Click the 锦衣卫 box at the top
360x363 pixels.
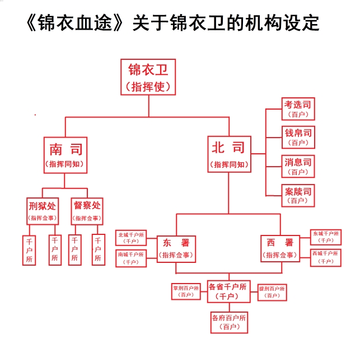point(148,77)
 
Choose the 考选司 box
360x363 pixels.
point(297,109)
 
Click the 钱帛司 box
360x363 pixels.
point(297,137)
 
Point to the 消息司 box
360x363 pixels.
point(297,166)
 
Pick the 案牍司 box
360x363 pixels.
point(297,195)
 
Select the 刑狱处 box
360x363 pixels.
point(42,210)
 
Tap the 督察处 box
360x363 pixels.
point(87,210)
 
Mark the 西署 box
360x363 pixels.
point(279,248)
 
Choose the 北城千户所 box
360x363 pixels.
point(130,238)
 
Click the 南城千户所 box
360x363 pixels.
point(130,258)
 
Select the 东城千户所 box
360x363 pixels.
point(326,237)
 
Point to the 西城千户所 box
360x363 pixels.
point(326,257)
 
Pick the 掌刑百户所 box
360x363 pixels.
point(186,291)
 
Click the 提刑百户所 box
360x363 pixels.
point(272,291)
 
